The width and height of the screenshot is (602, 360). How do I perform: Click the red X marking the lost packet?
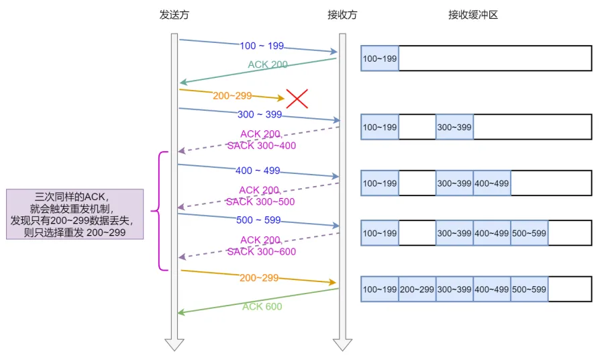[297, 99]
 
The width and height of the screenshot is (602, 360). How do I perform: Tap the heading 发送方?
[174, 15]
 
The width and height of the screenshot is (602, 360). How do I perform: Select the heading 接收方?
[342, 15]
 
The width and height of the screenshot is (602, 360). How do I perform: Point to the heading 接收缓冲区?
[473, 15]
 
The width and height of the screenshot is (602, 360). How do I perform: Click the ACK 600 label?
[262, 306]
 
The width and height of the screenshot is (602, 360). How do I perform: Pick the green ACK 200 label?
[268, 64]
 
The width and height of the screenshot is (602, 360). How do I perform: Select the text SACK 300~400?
[262, 146]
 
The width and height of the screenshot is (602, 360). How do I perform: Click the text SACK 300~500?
[260, 201]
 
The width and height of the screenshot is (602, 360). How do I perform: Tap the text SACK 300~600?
[262, 252]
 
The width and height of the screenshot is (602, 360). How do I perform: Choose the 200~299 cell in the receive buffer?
[417, 289]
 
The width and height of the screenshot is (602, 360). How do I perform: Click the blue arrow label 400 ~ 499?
[258, 170]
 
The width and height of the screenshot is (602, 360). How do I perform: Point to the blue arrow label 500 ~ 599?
[258, 220]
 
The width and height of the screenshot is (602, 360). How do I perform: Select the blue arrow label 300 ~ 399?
[260, 114]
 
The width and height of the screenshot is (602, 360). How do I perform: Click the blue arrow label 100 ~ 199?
[262, 46]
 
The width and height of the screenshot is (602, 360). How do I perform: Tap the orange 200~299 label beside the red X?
[232, 95]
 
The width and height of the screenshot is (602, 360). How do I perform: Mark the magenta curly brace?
[159, 211]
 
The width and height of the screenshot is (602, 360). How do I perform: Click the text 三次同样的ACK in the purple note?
[70, 197]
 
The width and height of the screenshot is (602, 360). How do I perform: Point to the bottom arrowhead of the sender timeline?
[174, 345]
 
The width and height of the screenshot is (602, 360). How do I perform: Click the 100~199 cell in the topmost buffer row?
[380, 58]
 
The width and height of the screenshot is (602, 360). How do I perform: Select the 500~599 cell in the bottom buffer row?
[529, 289]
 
